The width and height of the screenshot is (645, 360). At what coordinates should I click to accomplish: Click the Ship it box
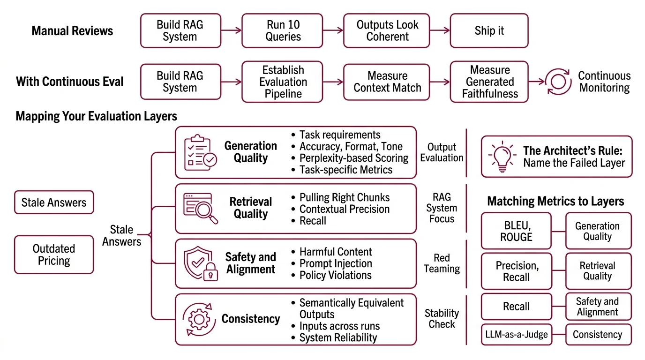pos(489,31)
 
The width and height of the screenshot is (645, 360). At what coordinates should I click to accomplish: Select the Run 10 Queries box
pos(282,31)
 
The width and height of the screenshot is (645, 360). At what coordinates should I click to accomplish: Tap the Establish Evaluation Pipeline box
pos(282,82)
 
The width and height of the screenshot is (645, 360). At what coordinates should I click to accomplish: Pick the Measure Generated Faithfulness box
pos(489,82)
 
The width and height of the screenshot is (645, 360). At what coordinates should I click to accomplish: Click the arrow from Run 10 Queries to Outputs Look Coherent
pos(333,31)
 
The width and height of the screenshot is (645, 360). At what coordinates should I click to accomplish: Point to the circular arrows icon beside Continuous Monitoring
pos(558,82)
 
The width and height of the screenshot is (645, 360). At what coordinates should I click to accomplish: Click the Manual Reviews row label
pos(72,31)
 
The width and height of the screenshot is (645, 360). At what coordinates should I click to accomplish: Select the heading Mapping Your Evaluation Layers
pos(97,116)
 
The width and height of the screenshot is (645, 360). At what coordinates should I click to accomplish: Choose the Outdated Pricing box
pos(54,255)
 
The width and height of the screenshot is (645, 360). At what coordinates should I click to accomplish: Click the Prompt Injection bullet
pos(336,263)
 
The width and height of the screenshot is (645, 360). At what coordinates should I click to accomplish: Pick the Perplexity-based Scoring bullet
pos(354,158)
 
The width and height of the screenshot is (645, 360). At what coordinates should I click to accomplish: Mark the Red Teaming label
pos(442,263)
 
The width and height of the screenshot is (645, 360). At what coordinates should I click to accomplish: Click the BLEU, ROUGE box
pos(516,232)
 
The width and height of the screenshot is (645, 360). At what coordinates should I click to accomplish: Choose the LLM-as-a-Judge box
pos(516,335)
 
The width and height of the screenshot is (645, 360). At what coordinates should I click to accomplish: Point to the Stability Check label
pos(442,319)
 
